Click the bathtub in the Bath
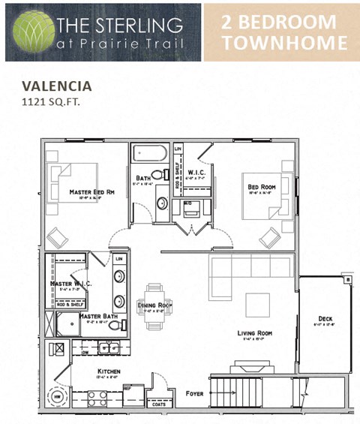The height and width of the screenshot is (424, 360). [152, 155]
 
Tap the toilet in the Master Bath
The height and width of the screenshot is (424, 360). [123, 324]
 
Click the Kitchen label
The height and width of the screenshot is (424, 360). [109, 371]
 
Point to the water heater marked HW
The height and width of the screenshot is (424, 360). [57, 395]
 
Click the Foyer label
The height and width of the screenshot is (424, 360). [193, 392]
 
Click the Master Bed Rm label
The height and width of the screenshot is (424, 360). [91, 193]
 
